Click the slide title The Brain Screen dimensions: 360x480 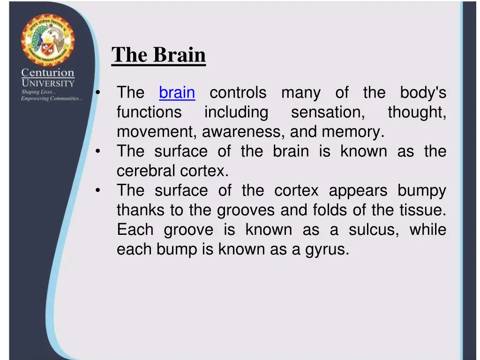pos(158,55)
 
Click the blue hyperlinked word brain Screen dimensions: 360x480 pos(177,92)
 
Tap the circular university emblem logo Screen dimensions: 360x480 pos(47,40)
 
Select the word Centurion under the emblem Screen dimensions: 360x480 pos(47,73)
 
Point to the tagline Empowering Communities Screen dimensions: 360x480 pos(51,98)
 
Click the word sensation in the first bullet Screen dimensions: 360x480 pos(328,112)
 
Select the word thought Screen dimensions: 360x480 pos(416,112)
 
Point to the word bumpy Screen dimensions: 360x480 pos(421,191)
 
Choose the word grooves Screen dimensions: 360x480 pos(246,210)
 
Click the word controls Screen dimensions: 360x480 pos(238,92)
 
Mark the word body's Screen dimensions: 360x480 pos(422,92)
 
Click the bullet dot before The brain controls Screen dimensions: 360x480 pos(97,92)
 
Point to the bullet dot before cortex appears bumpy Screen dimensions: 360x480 pos(97,191)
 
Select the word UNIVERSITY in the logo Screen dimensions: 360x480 pos(48,83)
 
